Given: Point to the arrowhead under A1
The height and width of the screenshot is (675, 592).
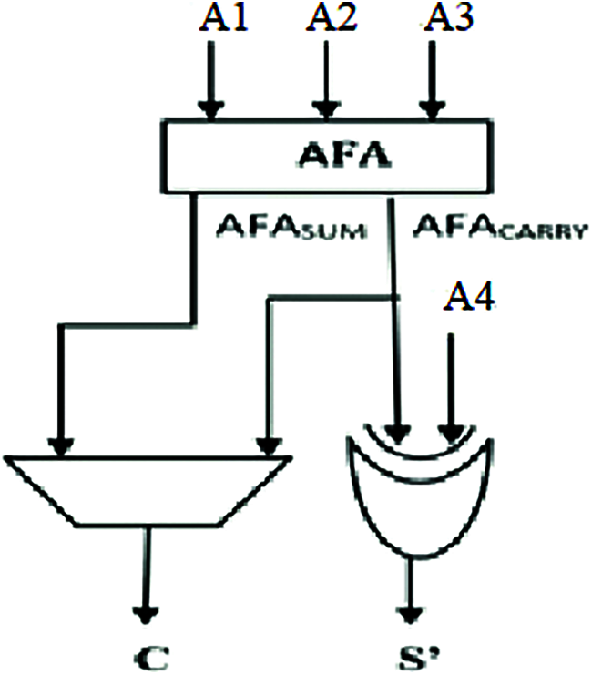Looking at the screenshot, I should click(x=211, y=110).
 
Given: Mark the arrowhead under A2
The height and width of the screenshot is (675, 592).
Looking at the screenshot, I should click(x=322, y=110).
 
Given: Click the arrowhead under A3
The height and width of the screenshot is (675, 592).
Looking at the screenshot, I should click(x=432, y=110).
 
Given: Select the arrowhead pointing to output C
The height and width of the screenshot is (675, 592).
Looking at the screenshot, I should click(x=144, y=612).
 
